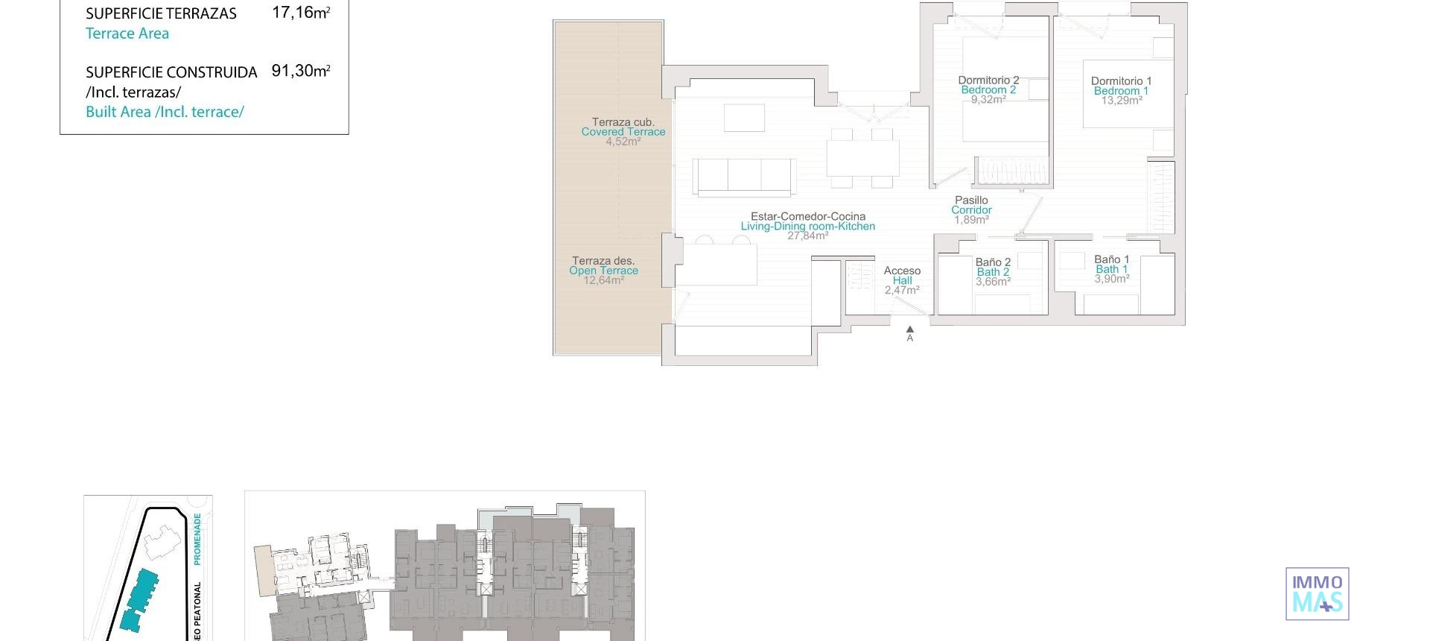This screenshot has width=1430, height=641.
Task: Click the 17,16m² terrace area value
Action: pos(300,13)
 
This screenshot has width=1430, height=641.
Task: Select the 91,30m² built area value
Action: pos(300,72)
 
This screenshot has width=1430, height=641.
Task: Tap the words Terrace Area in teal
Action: pos(127,34)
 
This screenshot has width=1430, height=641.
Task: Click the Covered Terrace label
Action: pos(623,132)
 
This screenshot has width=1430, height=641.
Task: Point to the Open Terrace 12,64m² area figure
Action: pos(603,281)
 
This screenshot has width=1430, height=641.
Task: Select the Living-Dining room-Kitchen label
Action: pos(808,227)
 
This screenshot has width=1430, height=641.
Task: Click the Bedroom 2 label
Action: pos(988,90)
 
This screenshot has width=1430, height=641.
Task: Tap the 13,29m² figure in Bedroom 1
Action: pos(1122,101)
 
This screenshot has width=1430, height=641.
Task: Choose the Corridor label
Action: pos(971,210)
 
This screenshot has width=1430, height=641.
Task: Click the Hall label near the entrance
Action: pos(902,281)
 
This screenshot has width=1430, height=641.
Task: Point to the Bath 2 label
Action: pos(993,272)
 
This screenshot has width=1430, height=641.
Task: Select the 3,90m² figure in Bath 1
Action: pos(1112,279)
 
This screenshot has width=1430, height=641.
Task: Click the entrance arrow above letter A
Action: pos(909,329)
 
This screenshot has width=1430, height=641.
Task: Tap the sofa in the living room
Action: pos(745,177)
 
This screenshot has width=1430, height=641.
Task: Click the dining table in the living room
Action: pos(862,157)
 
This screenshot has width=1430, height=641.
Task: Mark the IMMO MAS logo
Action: pos(1317,594)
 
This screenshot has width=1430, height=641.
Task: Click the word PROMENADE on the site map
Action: pos(197,538)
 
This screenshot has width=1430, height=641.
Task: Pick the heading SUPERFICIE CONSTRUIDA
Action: pos(171,72)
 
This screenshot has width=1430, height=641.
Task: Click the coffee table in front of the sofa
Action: pos(744,119)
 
